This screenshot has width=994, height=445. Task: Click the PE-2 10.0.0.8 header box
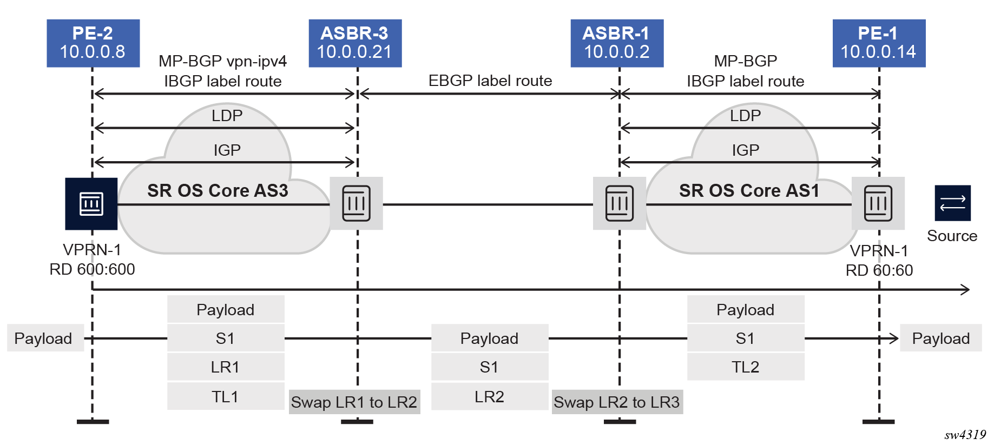pos(93,43)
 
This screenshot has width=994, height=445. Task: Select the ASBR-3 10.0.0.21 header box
pos(355,43)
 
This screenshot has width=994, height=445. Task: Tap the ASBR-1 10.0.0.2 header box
pos(617,43)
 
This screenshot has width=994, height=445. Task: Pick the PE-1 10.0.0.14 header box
pos(879,43)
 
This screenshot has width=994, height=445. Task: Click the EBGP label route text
pos(490,81)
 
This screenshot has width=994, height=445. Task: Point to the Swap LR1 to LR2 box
pos(354,402)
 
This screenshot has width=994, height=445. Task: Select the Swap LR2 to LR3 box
pos(617,402)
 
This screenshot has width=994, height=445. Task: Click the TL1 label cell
pos(225,397)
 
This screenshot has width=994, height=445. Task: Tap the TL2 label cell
pos(746,367)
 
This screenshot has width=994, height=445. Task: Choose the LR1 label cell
pos(225,367)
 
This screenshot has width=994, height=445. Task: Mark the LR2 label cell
pos(490,397)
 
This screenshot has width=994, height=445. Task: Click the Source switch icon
pos(952,203)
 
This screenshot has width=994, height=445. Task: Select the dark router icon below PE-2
pos(91,204)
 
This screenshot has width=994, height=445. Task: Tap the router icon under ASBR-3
pos(357,204)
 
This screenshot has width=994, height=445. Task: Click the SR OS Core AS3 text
pos(218,191)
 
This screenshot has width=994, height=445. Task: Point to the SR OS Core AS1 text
pos(749,191)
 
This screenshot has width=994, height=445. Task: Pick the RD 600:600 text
pos(92,269)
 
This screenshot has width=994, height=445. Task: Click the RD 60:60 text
pos(879,270)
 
